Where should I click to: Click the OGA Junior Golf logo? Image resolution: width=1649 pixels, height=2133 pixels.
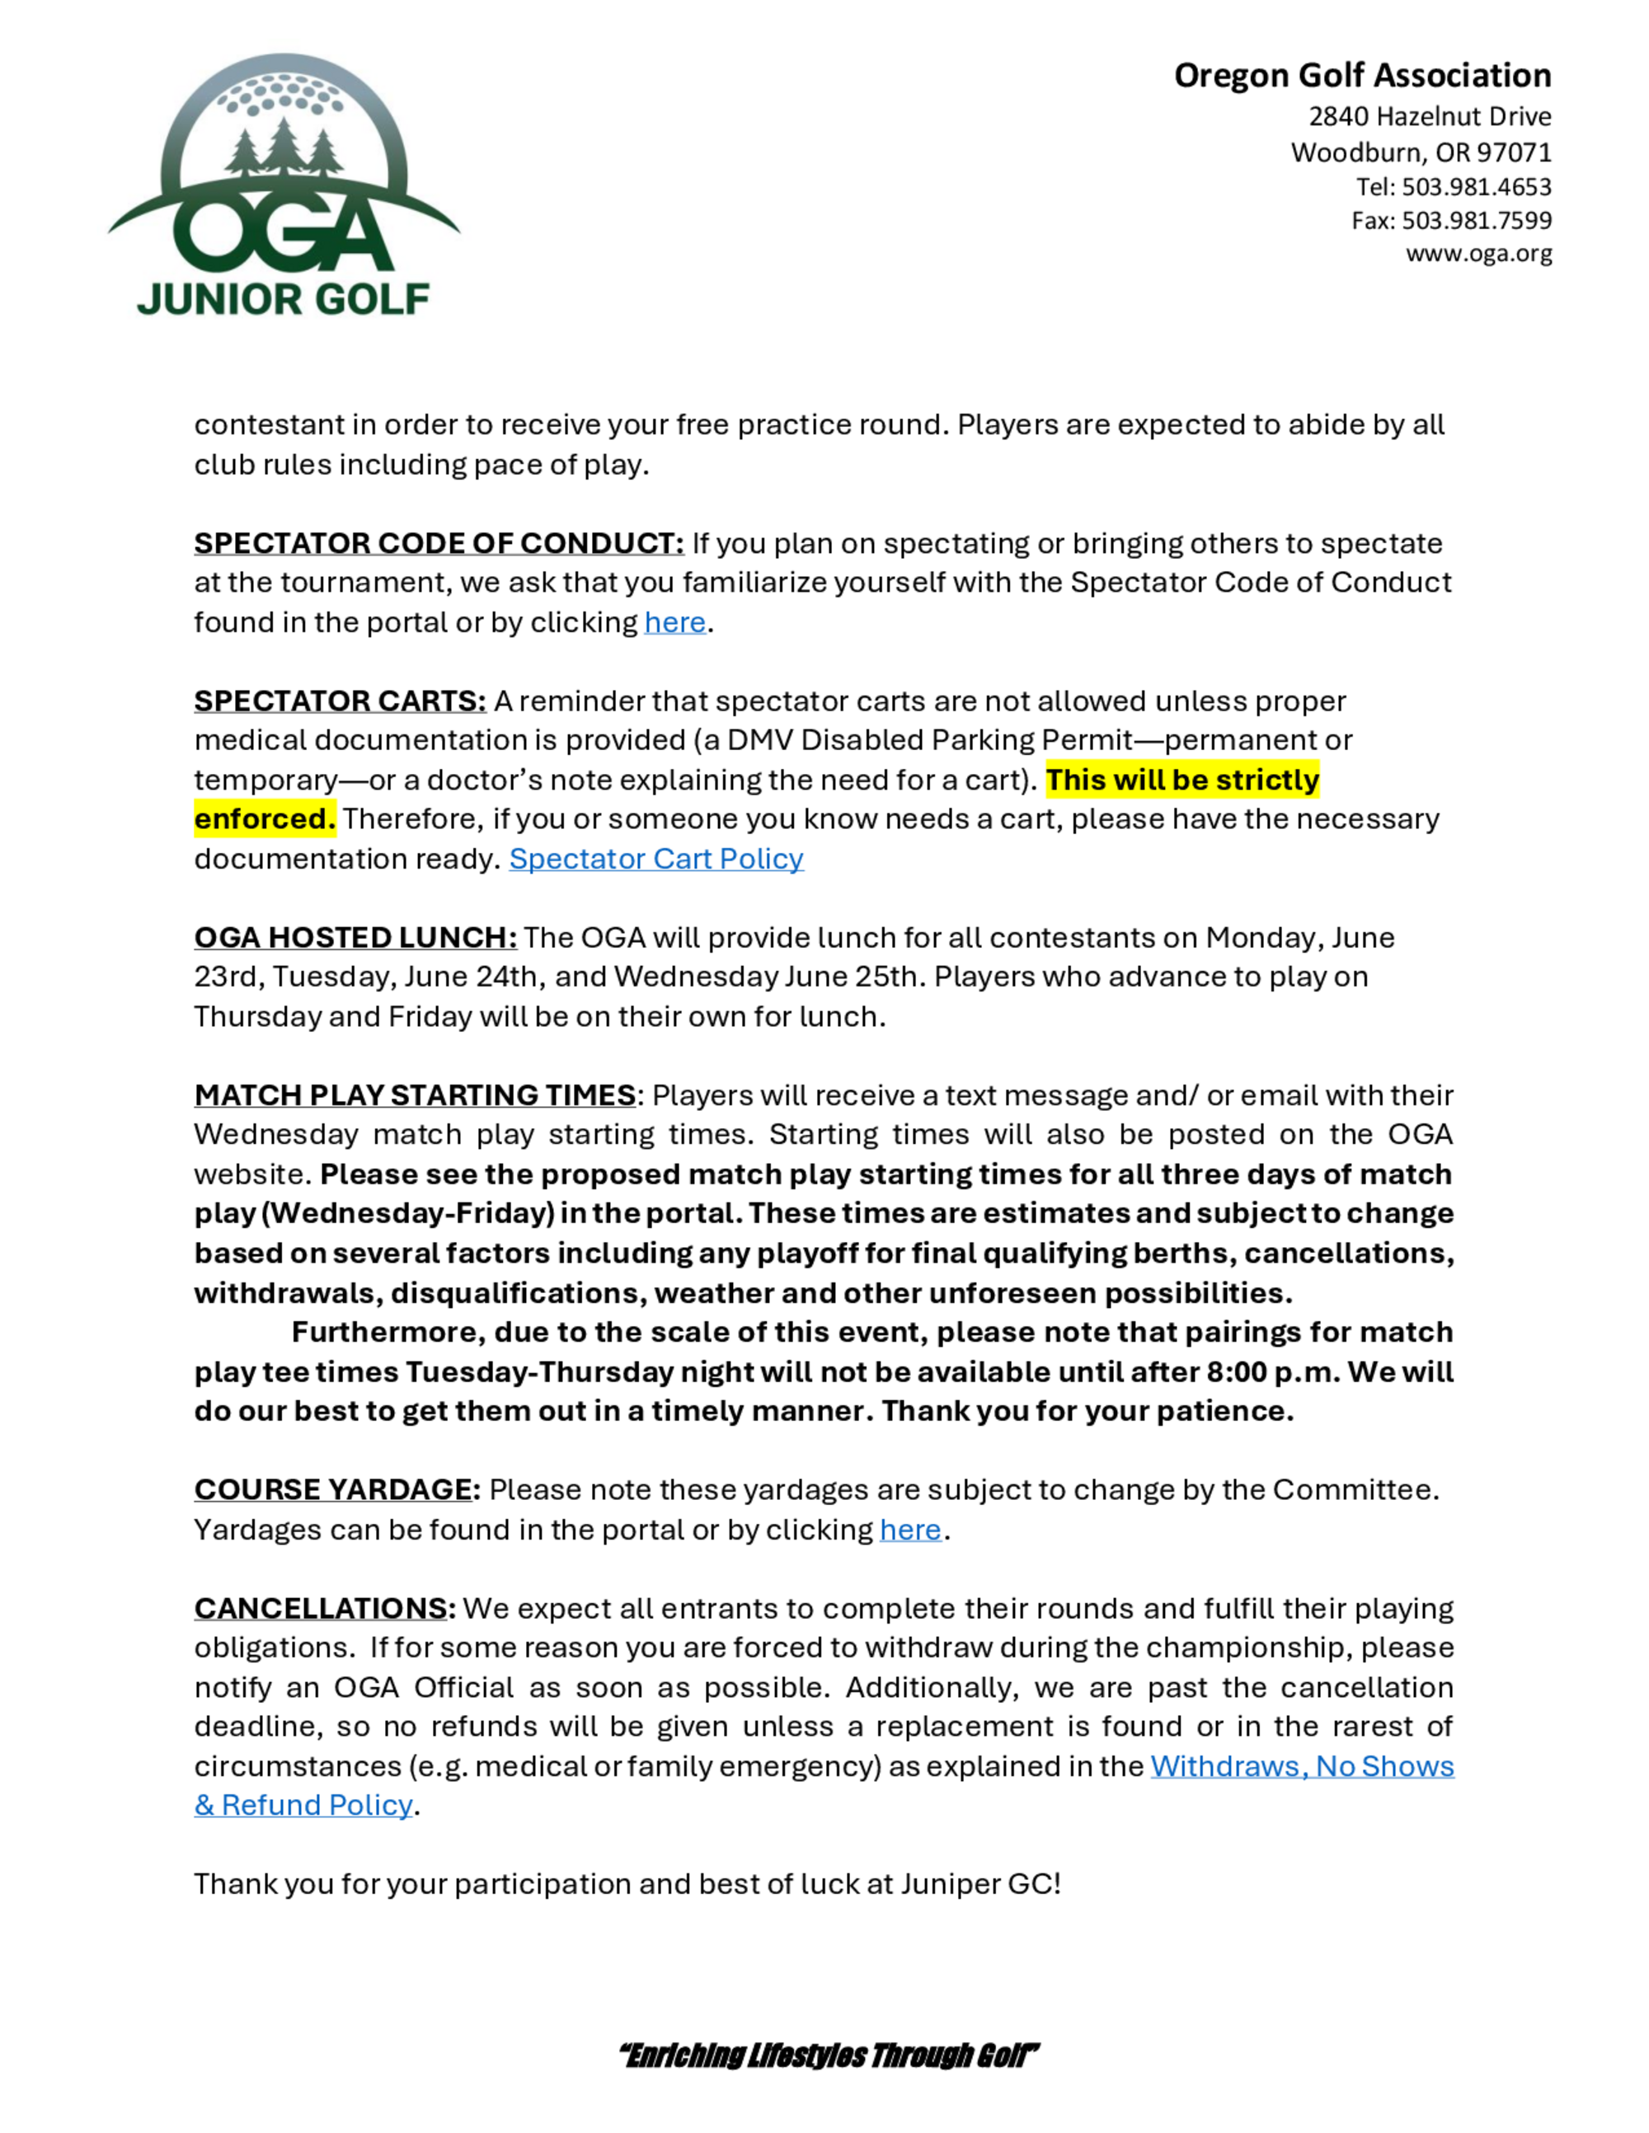[284, 185]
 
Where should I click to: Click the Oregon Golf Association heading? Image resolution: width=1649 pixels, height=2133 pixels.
[1362, 75]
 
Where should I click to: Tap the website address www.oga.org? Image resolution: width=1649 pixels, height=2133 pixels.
[1478, 254]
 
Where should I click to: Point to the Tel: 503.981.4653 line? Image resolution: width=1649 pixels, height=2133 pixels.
[1453, 186]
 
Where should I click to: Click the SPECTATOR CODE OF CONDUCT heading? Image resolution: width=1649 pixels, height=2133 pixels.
[439, 543]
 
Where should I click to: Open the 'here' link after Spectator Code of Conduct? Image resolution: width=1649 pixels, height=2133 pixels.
[674, 622]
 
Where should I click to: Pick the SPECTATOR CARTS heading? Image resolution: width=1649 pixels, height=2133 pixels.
[340, 701]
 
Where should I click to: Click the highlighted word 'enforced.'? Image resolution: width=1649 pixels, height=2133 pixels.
[265, 818]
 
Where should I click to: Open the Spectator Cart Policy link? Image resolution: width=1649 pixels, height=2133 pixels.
[655, 859]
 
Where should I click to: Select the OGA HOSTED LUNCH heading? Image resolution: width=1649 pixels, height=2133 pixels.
[355, 938]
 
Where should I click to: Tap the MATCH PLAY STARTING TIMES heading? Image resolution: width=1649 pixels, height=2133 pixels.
[416, 1095]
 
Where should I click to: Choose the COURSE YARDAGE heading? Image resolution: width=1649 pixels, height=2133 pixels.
[336, 1489]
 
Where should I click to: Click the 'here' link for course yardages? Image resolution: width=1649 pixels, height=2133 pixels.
[909, 1530]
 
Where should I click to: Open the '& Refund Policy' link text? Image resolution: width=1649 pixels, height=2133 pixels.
[303, 1805]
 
